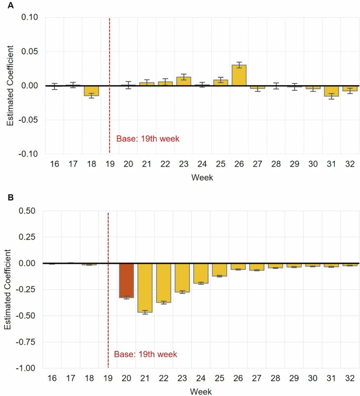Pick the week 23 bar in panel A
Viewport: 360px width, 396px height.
pos(183,81)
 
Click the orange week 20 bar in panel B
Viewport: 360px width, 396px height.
pos(126,280)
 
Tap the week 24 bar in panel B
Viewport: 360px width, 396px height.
pos(201,273)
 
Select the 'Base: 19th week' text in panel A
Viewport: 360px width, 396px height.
pos(148,139)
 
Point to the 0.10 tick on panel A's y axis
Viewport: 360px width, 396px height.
pos(30,17)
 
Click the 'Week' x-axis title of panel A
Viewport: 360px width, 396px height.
pos(202,178)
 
